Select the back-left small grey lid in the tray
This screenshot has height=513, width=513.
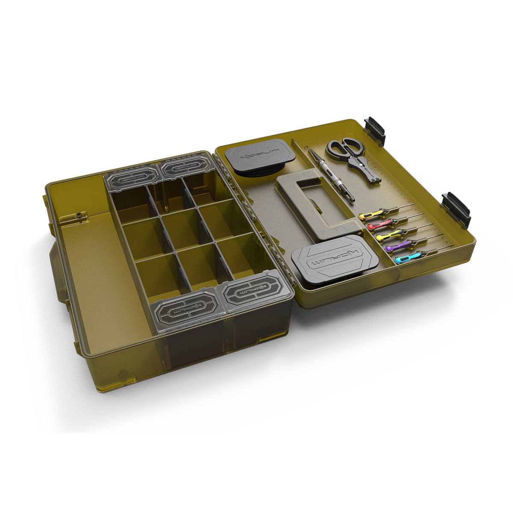(131, 180)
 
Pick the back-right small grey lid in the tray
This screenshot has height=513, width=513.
(184, 169)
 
